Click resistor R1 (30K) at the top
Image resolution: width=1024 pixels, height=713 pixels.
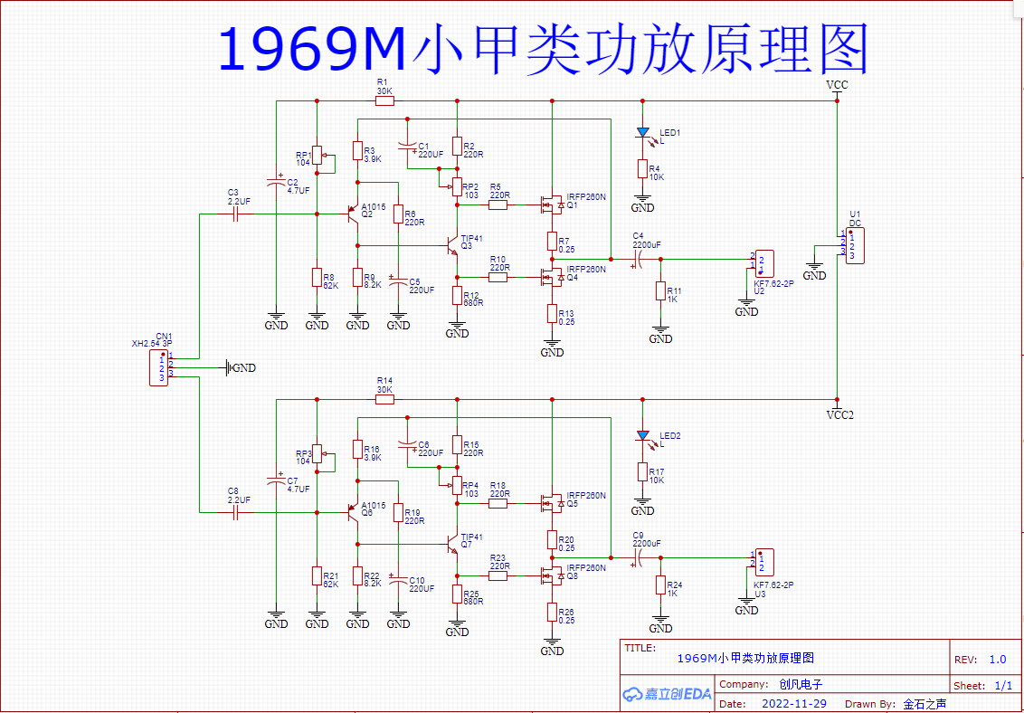click(384, 100)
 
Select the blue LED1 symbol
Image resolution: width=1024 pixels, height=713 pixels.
click(642, 133)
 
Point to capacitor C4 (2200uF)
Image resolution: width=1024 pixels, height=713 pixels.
click(637, 260)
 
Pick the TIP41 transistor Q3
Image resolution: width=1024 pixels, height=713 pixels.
click(455, 244)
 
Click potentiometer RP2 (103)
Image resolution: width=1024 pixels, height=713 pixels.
click(457, 187)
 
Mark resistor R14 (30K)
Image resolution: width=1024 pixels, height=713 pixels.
click(384, 399)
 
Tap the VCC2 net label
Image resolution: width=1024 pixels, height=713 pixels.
click(839, 415)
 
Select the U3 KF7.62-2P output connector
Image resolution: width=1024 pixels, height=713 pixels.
click(763, 561)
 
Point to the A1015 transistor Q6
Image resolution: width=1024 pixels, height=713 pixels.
click(354, 512)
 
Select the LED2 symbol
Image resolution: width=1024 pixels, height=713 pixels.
click(642, 436)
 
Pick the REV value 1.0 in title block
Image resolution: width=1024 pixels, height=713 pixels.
click(997, 660)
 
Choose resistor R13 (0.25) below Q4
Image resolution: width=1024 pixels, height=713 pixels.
click(550, 313)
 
